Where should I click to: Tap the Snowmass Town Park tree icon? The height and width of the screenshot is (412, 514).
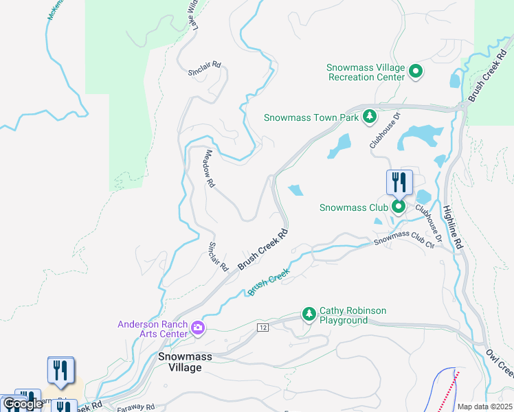click(x=369, y=117)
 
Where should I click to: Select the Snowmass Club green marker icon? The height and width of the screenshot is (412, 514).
click(x=398, y=206)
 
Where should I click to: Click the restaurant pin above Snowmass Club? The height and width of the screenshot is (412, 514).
click(x=399, y=183)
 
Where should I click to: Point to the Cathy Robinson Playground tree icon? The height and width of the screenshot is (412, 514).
click(x=309, y=315)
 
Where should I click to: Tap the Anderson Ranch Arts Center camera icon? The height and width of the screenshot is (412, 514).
click(x=198, y=328)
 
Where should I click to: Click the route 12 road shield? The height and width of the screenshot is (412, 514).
click(x=263, y=329)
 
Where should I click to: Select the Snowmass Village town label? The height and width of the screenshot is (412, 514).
click(x=180, y=362)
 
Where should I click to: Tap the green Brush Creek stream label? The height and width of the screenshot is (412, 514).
click(x=269, y=282)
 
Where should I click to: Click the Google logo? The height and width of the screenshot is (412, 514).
click(x=22, y=404)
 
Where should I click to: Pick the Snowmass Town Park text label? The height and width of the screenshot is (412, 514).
click(x=311, y=117)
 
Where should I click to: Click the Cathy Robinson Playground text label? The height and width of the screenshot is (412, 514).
click(x=353, y=315)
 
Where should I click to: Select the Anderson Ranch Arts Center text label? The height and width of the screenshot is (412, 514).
click(x=153, y=329)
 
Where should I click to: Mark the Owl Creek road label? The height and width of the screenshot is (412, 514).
click(x=500, y=363)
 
